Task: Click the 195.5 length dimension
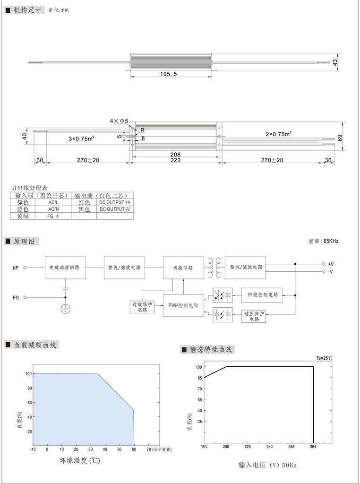pyautogui.click(x=169, y=74)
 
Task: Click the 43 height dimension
pyautogui.click(x=335, y=62)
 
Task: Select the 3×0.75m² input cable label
pyautogui.click(x=81, y=138)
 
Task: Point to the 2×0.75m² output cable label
pyautogui.click(x=279, y=134)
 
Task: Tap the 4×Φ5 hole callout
pyautogui.click(x=119, y=121)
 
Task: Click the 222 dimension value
pyautogui.click(x=175, y=160)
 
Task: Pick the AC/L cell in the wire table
pyautogui.click(x=53, y=202)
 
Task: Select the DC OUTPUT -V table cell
pyautogui.click(x=115, y=209)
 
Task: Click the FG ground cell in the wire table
pyautogui.click(x=53, y=216)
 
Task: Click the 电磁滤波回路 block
pyautogui.click(x=65, y=268)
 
